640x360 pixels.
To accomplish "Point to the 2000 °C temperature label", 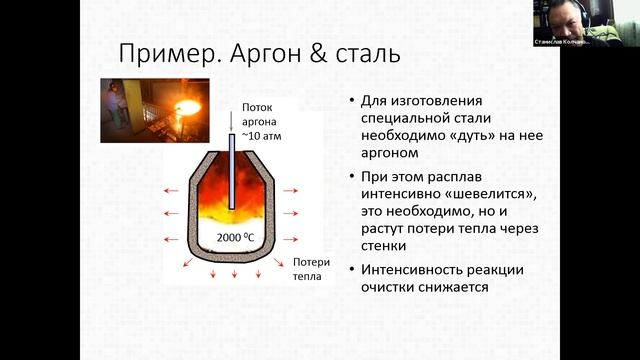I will coord(234,238).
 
